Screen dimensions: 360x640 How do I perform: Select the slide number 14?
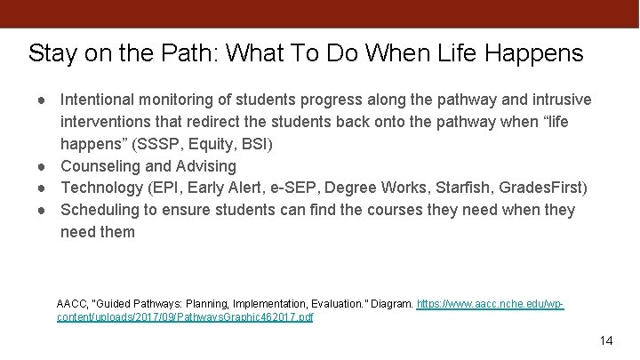click(x=607, y=340)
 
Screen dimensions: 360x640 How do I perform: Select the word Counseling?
click(x=101, y=166)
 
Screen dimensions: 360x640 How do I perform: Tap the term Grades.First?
click(x=541, y=188)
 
